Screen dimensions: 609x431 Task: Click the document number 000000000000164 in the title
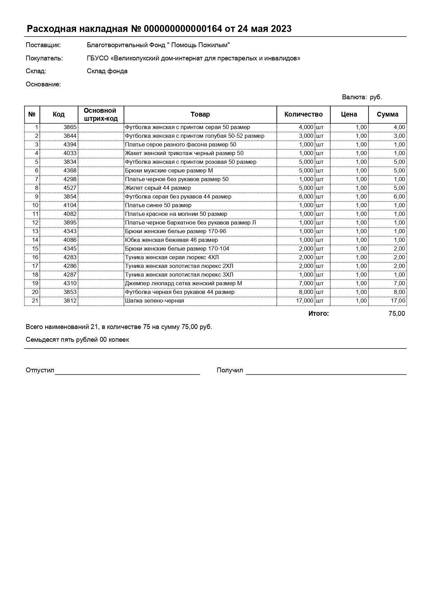(x=183, y=29)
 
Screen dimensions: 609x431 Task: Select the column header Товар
(x=200, y=115)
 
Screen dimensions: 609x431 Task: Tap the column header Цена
(x=349, y=115)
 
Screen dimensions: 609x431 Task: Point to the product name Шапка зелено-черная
(x=155, y=301)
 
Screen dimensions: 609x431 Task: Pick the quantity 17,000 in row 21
(x=305, y=301)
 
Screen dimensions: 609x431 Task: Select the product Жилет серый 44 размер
(x=158, y=188)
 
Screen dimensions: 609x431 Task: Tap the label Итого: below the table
(x=318, y=314)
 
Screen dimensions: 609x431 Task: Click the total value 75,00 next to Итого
(x=397, y=314)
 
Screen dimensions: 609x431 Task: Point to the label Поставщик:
(x=43, y=45)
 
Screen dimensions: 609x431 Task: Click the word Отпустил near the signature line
(x=40, y=370)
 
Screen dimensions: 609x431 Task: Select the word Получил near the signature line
(x=230, y=370)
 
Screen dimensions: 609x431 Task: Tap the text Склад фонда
(x=107, y=71)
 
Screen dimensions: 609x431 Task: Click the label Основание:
(x=43, y=84)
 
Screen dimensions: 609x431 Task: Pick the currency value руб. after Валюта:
(x=376, y=97)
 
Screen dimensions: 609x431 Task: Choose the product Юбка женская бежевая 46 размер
(x=171, y=240)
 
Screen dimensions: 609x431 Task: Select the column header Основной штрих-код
(x=100, y=115)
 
